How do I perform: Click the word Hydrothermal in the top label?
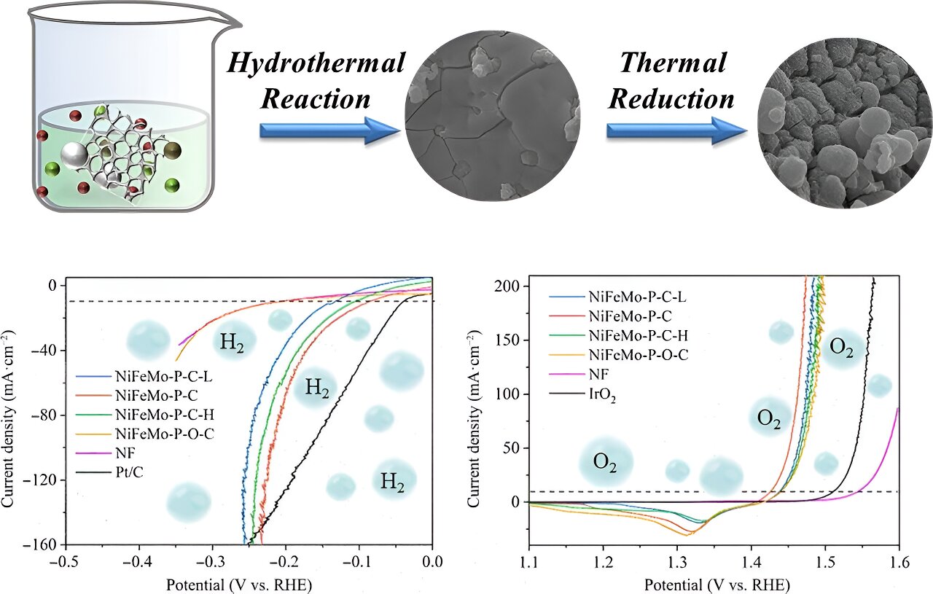pos(316,63)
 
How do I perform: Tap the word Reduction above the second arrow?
pos(671,98)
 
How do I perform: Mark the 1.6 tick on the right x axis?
pos(899,562)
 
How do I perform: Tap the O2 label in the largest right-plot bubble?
pos(605,462)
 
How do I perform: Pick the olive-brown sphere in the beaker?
pos(172,151)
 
